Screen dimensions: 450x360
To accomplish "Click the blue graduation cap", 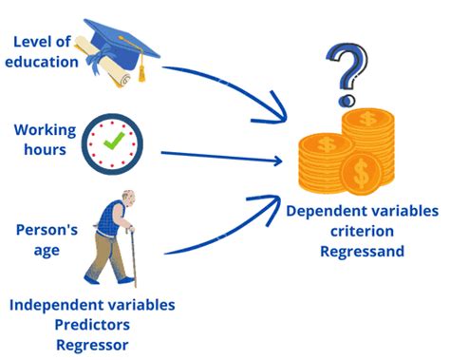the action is tap(122, 43).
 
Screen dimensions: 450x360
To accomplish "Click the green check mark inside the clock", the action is tap(114, 141).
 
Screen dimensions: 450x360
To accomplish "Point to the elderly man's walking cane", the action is tap(133, 256).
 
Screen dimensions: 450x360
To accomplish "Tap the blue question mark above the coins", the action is tap(347, 74).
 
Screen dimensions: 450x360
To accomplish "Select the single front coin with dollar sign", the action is tap(361, 174).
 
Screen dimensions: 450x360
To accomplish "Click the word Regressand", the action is tap(363, 252).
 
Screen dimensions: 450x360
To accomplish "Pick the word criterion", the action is tap(363, 231).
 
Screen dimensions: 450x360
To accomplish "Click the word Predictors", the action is tap(92, 325).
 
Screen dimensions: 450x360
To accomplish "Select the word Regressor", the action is tap(92, 345).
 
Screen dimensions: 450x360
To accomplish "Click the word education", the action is tap(42, 62).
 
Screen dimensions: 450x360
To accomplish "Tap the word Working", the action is tap(46, 130).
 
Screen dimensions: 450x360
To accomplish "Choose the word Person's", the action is tap(47, 230).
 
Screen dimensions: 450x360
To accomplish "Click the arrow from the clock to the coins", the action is tap(221, 156).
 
